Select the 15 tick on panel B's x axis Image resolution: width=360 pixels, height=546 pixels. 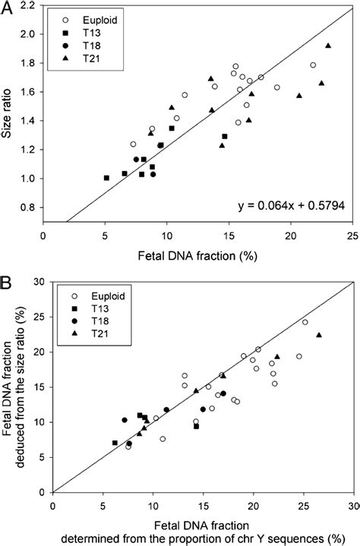pos(204,506)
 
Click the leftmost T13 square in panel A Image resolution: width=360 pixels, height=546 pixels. pos(106,178)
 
